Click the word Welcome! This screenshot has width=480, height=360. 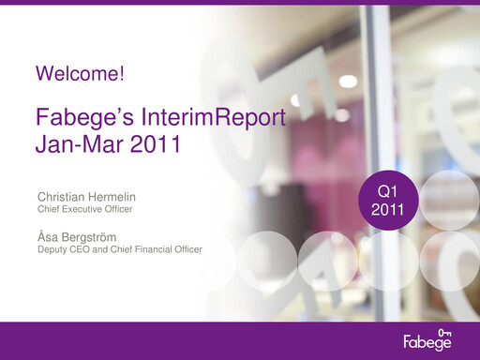[79, 72]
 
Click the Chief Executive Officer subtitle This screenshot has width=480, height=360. [84, 210]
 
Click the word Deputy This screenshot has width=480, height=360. [52, 249]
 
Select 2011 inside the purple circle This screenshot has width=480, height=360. [387, 210]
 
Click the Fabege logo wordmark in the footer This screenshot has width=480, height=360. [427, 340]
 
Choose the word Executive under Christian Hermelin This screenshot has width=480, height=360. [83, 210]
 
